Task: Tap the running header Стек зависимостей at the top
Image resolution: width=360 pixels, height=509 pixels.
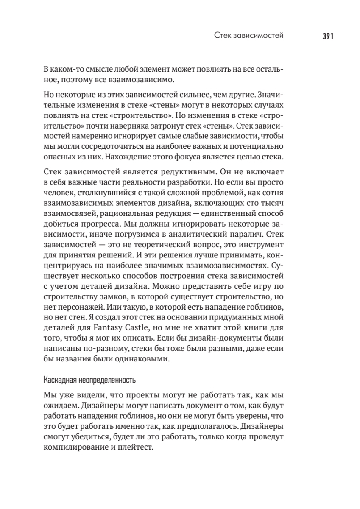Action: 248,36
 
